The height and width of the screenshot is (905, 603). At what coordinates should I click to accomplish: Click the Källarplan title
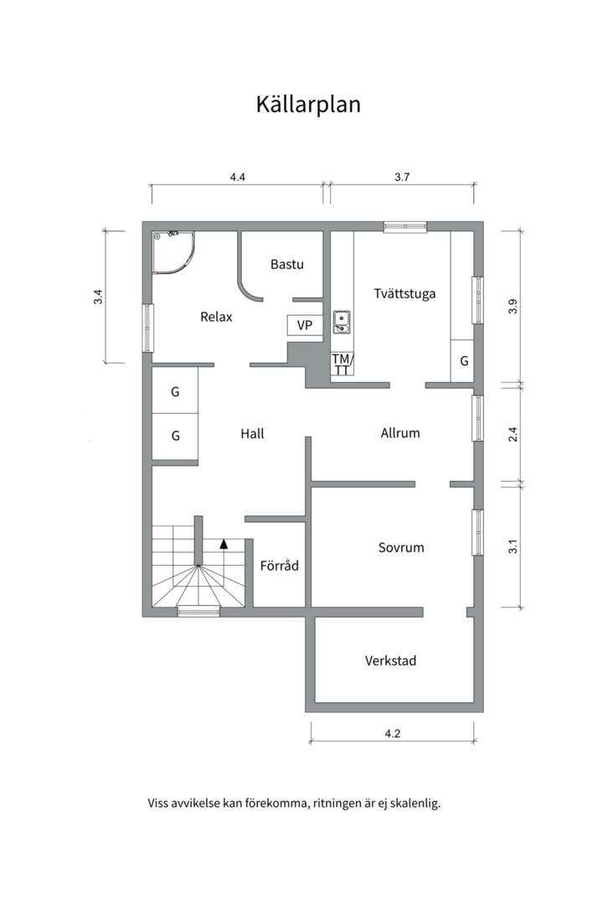(x=308, y=105)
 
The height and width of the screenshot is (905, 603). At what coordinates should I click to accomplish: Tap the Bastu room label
(x=286, y=264)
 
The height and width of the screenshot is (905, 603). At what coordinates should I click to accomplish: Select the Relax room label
(x=216, y=317)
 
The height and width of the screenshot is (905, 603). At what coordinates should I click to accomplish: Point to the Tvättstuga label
(x=405, y=293)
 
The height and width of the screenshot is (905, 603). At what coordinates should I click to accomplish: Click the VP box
(x=305, y=325)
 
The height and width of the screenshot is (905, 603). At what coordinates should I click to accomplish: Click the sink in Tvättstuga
(x=341, y=322)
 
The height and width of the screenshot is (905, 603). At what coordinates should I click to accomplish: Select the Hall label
(x=252, y=433)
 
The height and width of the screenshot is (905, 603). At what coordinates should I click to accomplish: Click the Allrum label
(x=399, y=433)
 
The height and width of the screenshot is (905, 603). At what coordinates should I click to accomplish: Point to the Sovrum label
(x=401, y=547)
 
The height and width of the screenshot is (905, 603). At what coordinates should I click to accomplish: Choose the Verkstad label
(x=390, y=660)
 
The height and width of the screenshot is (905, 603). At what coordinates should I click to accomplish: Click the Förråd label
(x=279, y=566)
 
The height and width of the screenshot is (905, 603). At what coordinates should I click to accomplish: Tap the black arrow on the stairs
(x=224, y=545)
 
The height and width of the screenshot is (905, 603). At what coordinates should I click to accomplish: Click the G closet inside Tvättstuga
(x=463, y=360)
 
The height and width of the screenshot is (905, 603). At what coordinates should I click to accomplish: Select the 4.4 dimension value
(x=237, y=177)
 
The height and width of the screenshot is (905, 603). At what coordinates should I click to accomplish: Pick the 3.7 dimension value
(x=402, y=177)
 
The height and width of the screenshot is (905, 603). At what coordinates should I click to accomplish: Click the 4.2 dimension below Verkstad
(x=393, y=734)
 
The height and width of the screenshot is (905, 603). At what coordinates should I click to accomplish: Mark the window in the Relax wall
(x=147, y=328)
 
